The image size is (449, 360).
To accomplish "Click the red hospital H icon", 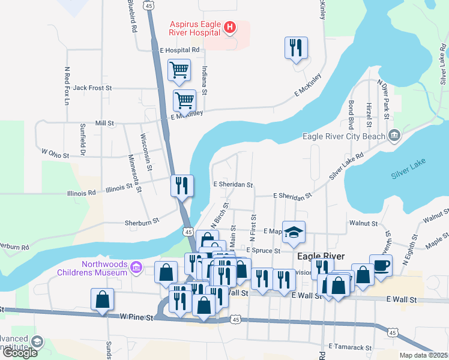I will (229, 27).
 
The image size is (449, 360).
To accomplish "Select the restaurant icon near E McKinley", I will (296, 47).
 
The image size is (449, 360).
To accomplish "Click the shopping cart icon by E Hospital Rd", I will (179, 70).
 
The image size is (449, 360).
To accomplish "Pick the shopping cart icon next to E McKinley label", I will (184, 100).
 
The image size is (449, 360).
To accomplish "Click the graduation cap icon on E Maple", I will (294, 232).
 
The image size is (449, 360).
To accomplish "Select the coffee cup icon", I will (381, 265).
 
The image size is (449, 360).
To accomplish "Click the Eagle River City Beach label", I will (344, 136).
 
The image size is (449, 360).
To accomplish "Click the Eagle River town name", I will (322, 256).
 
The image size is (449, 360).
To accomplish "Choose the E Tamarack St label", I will (351, 347).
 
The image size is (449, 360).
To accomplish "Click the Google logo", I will (20, 353).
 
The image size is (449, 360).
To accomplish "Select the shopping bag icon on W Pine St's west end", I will (102, 299).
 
